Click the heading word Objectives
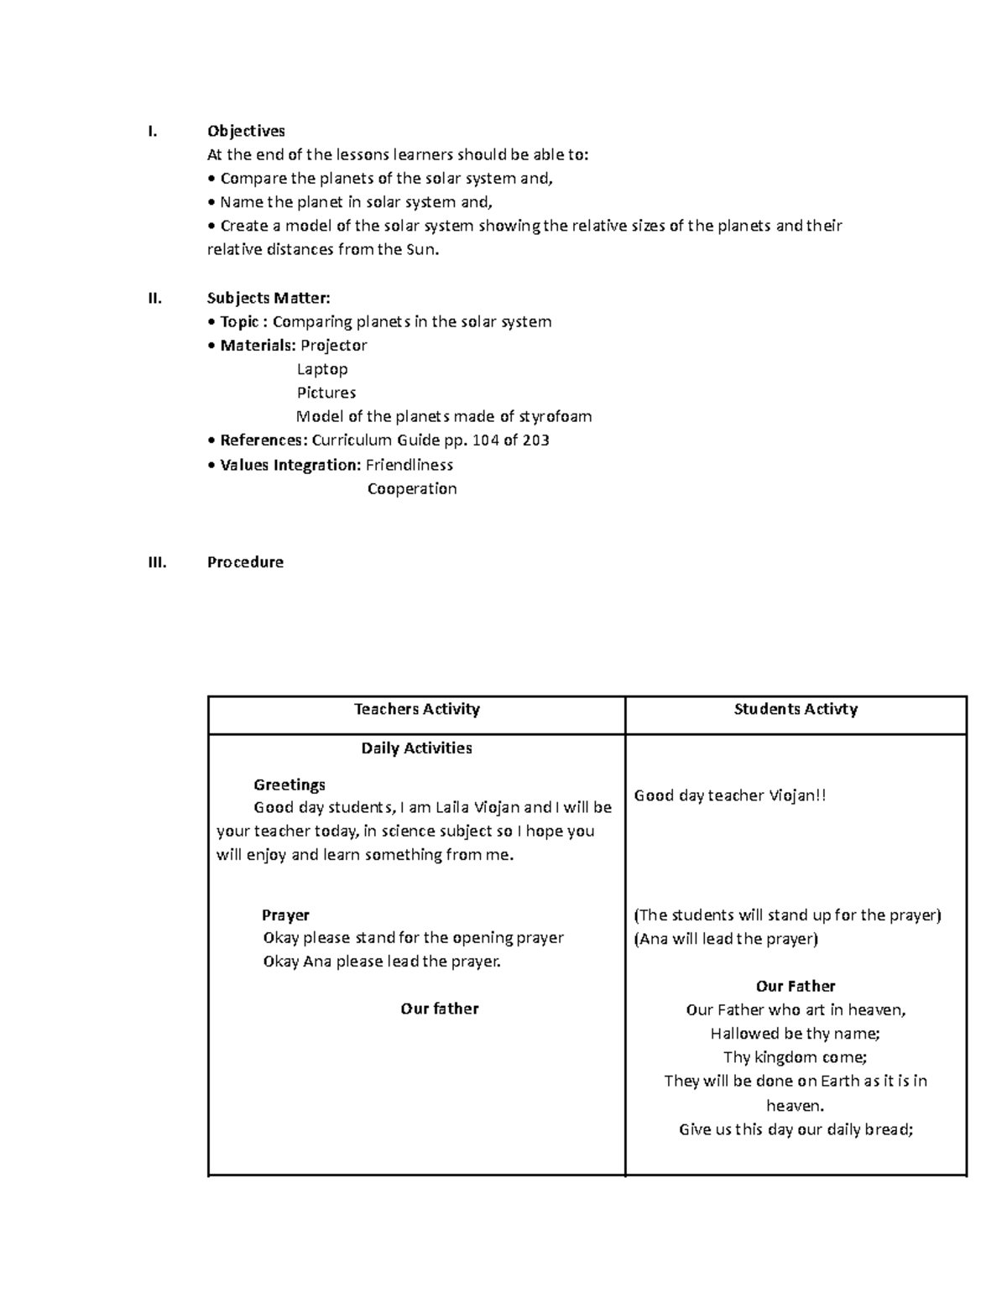pyautogui.click(x=246, y=131)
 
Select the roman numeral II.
pyautogui.click(x=154, y=298)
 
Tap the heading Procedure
pyautogui.click(x=245, y=562)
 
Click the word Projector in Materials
pyautogui.click(x=334, y=346)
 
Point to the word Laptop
pyautogui.click(x=322, y=369)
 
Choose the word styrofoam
pyautogui.click(x=556, y=416)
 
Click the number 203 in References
pyautogui.click(x=535, y=440)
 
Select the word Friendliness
pyautogui.click(x=410, y=465)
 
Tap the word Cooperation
pyautogui.click(x=412, y=489)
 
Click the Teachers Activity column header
pyautogui.click(x=416, y=710)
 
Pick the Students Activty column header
pyautogui.click(x=796, y=710)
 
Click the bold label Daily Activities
pyautogui.click(x=416, y=748)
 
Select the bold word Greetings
pyautogui.click(x=290, y=785)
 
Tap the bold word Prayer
pyautogui.click(x=285, y=915)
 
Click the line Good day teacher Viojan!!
pyautogui.click(x=730, y=796)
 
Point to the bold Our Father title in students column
pyautogui.click(x=796, y=987)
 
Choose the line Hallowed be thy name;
pyautogui.click(x=796, y=1034)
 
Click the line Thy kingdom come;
pyautogui.click(x=796, y=1058)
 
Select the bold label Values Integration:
pyautogui.click(x=290, y=465)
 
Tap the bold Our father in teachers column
pyautogui.click(x=440, y=1009)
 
